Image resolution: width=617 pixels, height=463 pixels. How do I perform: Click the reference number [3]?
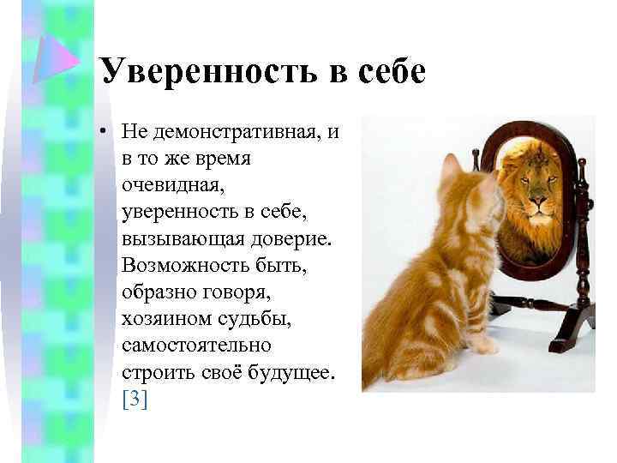pos(135,399)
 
